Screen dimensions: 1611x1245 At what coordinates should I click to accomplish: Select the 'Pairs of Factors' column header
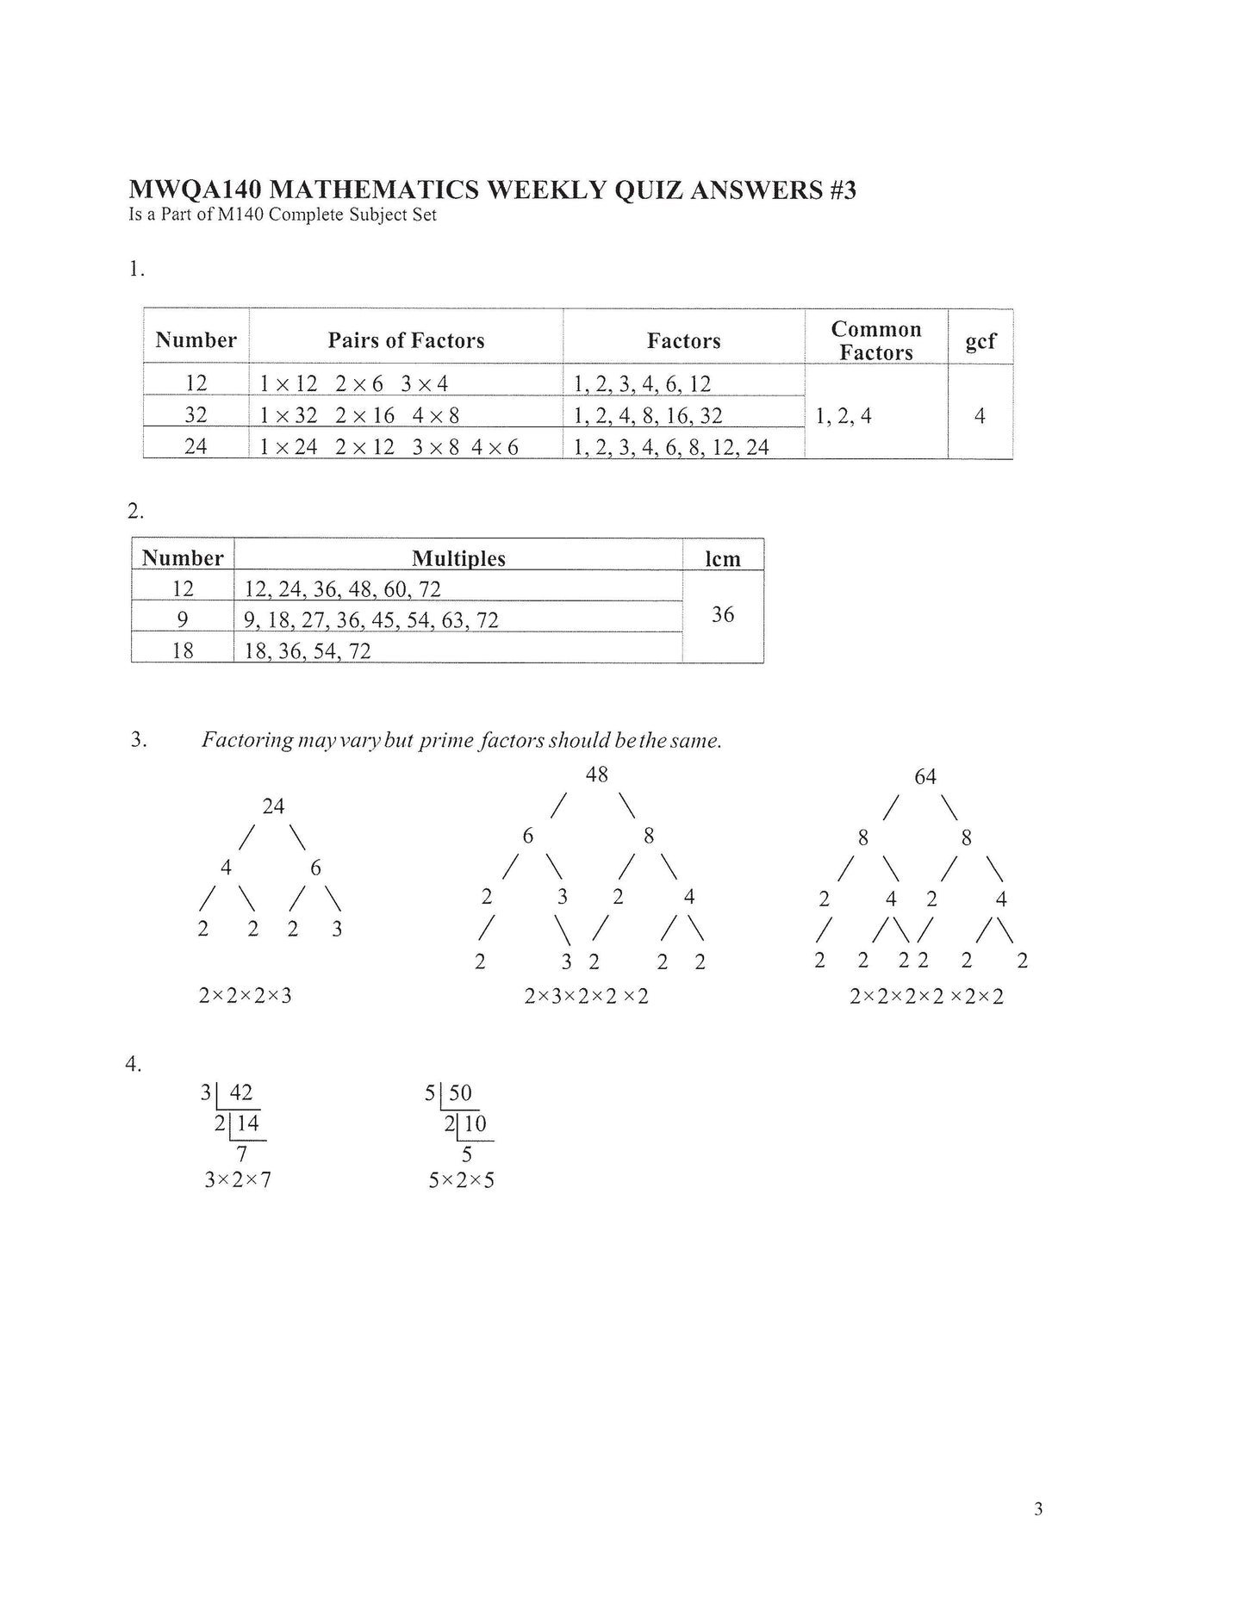pos(406,340)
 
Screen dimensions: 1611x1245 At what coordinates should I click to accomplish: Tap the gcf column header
pos(980,340)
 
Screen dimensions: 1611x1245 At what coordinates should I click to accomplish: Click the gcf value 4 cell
pos(980,416)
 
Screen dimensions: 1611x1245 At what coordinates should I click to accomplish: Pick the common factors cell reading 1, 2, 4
pos(843,416)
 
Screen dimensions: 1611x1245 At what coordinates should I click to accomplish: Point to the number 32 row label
pos(196,414)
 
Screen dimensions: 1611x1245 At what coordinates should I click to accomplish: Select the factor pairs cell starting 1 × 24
pos(389,446)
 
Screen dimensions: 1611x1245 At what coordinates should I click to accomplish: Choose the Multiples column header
pos(458,558)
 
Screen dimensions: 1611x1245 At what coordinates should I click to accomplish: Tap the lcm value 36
pos(723,614)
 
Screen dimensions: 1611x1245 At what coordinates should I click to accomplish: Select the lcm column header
pos(723,558)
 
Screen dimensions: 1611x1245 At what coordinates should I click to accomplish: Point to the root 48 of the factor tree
pos(597,774)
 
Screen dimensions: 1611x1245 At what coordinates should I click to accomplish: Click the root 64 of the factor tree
pos(925,777)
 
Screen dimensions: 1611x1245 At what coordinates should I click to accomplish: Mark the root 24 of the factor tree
pos(273,806)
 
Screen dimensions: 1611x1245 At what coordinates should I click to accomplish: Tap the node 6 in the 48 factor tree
pos(528,836)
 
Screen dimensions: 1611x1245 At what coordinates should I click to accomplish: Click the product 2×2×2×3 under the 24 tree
pos(246,996)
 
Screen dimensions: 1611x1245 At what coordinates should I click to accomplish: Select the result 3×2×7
pos(238,1179)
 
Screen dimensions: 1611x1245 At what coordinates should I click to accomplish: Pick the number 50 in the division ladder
pos(461,1093)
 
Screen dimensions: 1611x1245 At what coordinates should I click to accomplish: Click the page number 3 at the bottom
pos(1038,1508)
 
